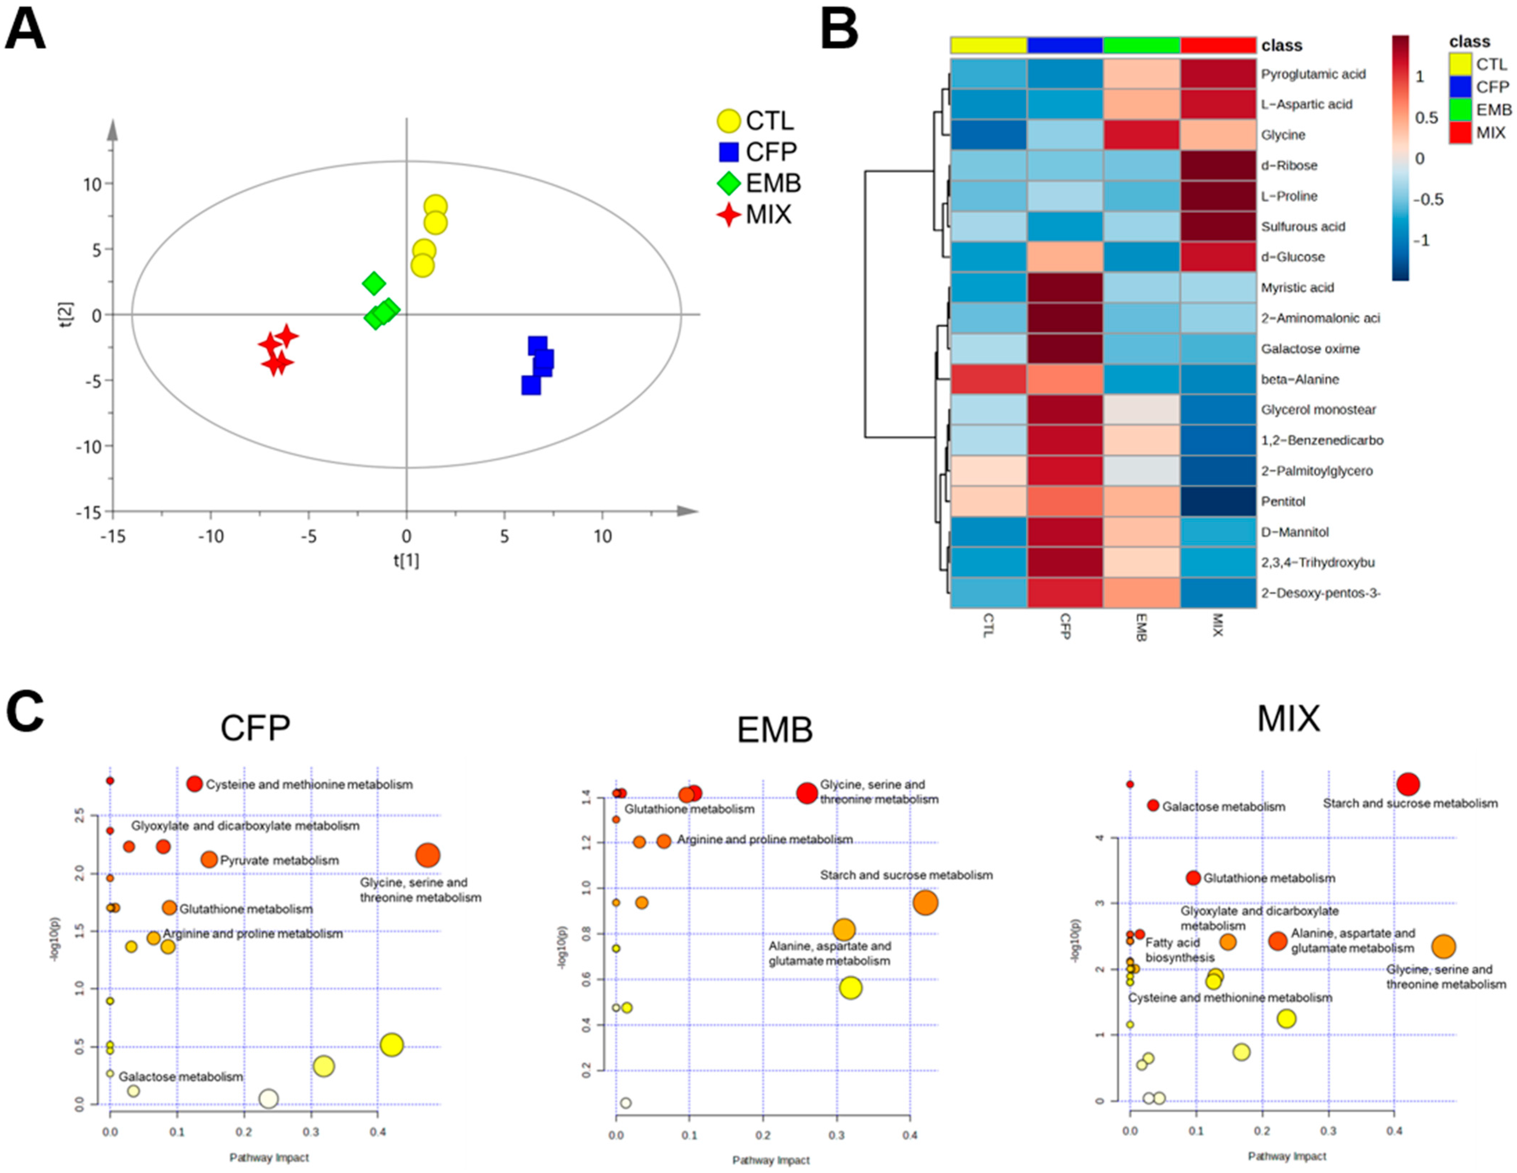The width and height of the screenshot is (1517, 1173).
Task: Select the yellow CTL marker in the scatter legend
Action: [x=729, y=121]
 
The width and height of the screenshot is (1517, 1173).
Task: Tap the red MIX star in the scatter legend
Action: [x=729, y=215]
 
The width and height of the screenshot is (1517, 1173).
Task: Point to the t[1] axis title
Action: [x=406, y=560]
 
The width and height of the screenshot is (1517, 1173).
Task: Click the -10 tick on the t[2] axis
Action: [x=88, y=446]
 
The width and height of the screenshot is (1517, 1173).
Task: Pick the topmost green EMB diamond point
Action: [x=374, y=283]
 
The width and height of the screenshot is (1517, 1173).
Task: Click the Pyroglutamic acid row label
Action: [x=1313, y=73]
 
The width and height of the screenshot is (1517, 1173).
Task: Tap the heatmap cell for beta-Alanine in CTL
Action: [x=988, y=379]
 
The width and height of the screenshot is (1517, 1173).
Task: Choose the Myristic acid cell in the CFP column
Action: [x=1065, y=288]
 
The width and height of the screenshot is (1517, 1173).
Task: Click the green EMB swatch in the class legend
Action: [x=1460, y=110]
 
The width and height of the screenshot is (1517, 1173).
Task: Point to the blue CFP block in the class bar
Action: [x=1065, y=45]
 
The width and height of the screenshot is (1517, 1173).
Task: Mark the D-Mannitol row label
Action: [x=1295, y=532]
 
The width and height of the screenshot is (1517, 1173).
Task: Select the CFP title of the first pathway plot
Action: [x=255, y=728]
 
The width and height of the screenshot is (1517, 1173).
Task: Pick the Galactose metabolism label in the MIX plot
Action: [x=1223, y=807]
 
